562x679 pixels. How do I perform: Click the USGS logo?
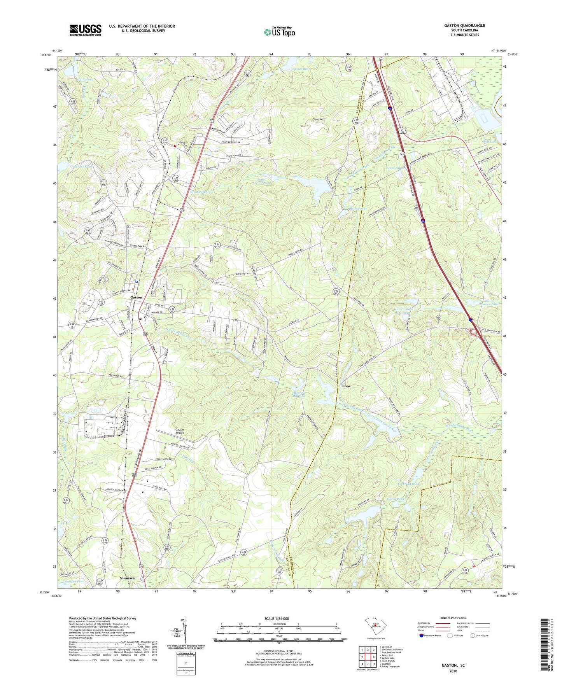[x=86, y=30]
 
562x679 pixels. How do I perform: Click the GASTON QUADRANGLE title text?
[x=464, y=26]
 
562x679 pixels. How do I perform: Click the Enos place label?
[x=346, y=386]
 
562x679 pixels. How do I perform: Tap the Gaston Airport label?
[x=179, y=432]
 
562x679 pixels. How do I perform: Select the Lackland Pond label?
[x=408, y=484]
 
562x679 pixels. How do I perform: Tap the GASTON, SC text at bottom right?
[x=453, y=665]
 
